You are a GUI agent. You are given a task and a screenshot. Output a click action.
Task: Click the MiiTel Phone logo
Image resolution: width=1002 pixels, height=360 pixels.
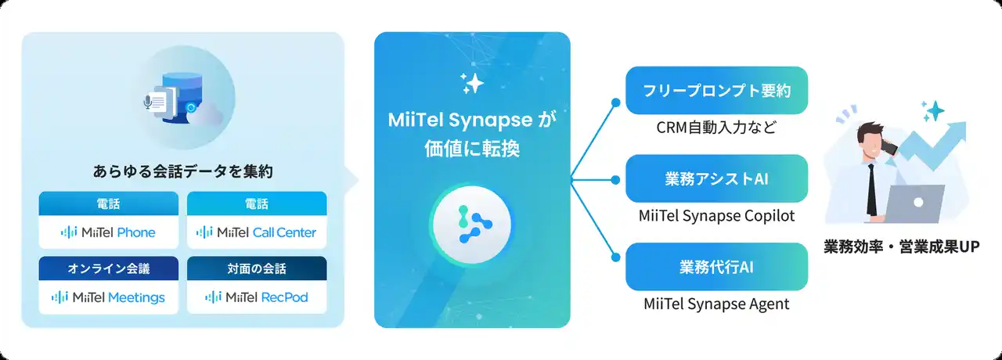[108, 232]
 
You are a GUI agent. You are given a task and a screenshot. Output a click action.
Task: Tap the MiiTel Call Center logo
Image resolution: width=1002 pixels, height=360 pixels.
[256, 232]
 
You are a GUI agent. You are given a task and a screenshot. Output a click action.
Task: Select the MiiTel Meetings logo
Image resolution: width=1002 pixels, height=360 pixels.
[108, 297]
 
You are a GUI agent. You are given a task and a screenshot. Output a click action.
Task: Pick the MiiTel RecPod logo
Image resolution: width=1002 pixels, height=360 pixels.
[256, 297]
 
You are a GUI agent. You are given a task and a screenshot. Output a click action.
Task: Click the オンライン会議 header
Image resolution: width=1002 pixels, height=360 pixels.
[109, 268]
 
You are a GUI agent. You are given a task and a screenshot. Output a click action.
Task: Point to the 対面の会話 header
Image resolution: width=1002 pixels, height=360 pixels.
[257, 268]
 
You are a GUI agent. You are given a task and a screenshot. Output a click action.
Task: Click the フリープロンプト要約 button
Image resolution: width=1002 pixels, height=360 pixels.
[716, 90]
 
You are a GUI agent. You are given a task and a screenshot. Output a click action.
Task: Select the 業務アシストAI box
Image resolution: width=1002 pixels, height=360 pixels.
[716, 178]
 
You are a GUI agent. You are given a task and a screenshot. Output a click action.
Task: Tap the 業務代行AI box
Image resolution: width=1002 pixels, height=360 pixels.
[716, 267]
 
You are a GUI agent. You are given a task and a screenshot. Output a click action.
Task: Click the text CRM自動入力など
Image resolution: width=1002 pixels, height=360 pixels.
[716, 128]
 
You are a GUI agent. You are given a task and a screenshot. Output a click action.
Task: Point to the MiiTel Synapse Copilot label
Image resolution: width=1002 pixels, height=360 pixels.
[716, 215]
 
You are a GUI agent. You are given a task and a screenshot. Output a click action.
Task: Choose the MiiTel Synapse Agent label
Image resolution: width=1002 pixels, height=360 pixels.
[716, 304]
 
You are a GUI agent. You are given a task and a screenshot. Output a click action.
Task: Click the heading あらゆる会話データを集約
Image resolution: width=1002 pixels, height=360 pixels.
[183, 171]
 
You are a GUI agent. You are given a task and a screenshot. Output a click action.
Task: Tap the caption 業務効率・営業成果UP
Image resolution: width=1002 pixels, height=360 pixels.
[902, 247]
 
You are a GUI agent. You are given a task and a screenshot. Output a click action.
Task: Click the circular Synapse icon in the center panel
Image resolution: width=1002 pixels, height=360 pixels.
[472, 224]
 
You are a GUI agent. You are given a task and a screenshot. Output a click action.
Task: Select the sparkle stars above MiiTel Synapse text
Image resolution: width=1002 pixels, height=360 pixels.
[472, 83]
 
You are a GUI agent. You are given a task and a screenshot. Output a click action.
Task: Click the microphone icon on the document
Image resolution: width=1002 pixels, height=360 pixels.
[148, 103]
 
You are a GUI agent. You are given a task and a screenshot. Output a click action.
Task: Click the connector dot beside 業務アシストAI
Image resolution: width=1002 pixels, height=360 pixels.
[615, 180]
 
